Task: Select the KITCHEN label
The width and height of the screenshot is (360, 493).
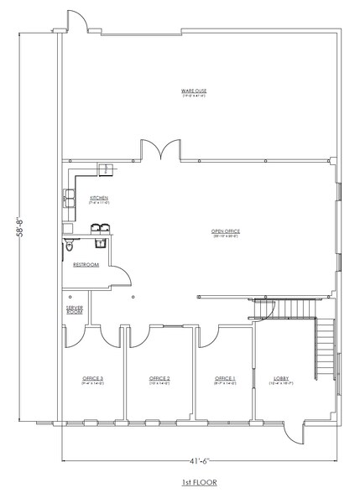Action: (x=100, y=198)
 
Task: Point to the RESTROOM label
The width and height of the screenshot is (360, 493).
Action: (x=86, y=264)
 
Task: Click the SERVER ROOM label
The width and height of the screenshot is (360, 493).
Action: (x=74, y=309)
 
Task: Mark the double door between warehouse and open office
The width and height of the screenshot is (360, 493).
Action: (x=159, y=151)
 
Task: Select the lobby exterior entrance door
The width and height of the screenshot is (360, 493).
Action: (x=293, y=432)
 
